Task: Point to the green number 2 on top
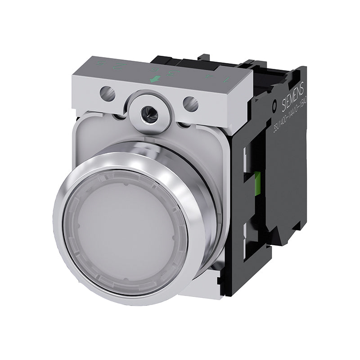click(x=118, y=67)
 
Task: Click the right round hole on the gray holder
click(x=190, y=103)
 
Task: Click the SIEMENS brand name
click(x=288, y=96)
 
